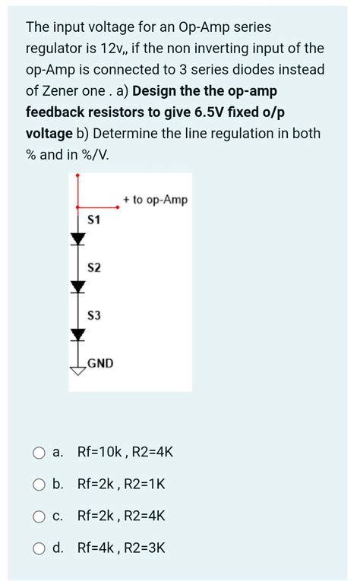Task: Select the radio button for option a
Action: tap(39, 453)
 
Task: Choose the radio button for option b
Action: tap(39, 485)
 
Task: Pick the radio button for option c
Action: tap(39, 516)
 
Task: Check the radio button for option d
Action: tap(39, 548)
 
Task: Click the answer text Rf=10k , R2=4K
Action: tap(125, 453)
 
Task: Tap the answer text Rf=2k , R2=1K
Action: tap(122, 485)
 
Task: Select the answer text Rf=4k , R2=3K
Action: tap(122, 548)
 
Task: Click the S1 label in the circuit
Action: tap(95, 220)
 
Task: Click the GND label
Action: tap(100, 363)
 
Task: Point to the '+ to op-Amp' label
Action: tap(154, 200)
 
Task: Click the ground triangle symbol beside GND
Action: tap(77, 370)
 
